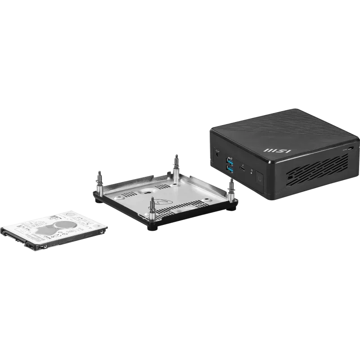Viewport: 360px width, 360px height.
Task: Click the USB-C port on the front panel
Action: [243, 169]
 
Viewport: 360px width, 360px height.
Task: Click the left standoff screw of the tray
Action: [99, 180]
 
